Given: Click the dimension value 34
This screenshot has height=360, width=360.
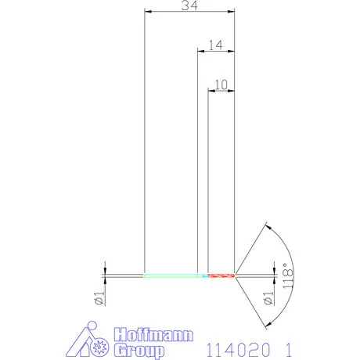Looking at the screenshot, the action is click(189, 5).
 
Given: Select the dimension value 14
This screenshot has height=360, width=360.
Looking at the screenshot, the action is click(215, 45).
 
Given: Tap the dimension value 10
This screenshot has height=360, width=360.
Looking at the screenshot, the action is click(221, 85).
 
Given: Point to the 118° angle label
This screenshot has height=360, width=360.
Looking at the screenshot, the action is click(288, 275).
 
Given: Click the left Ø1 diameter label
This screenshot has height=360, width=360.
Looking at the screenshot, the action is click(99, 297).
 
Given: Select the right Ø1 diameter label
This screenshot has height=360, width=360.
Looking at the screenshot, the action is click(268, 298).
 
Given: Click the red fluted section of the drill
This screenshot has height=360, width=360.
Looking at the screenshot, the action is click(221, 275).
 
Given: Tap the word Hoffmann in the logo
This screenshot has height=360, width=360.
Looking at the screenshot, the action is click(153, 335).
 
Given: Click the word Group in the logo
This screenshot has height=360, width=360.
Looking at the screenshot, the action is click(139, 351).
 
